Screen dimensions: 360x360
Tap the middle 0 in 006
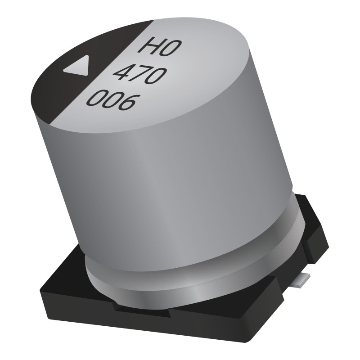tap(111, 102)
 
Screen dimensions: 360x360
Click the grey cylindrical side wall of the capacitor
tap(180, 180)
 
